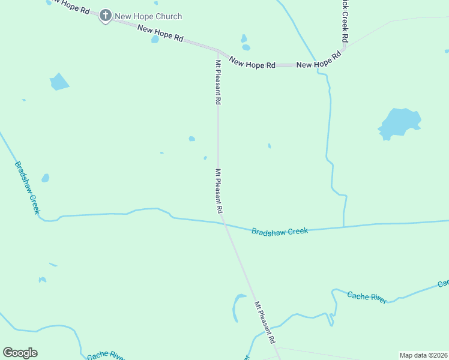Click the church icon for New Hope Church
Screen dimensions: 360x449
pyautogui.click(x=106, y=16)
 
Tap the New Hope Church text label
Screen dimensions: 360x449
pyautogui.click(x=149, y=16)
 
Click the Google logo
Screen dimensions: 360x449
pyautogui.click(x=20, y=352)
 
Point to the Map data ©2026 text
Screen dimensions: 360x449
pyautogui.click(x=423, y=355)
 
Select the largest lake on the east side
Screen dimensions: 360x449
pyautogui.click(x=399, y=123)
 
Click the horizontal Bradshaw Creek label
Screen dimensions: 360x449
pyautogui.click(x=279, y=231)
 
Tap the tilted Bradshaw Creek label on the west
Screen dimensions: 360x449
pyautogui.click(x=27, y=187)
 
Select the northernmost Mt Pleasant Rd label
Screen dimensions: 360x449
pyautogui.click(x=218, y=82)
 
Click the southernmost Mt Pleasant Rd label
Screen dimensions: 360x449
pyautogui.click(x=265, y=322)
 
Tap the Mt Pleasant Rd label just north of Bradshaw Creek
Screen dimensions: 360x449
pyautogui.click(x=219, y=191)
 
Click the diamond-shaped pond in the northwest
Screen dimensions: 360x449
pyautogui.click(x=59, y=82)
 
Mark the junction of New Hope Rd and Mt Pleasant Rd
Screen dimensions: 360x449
pyautogui.click(x=218, y=52)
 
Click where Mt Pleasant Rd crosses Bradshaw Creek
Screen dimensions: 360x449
pyautogui.click(x=224, y=223)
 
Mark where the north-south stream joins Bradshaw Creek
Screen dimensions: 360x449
pyautogui.click(x=343, y=227)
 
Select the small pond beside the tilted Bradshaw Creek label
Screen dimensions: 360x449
pyautogui.click(x=45, y=178)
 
